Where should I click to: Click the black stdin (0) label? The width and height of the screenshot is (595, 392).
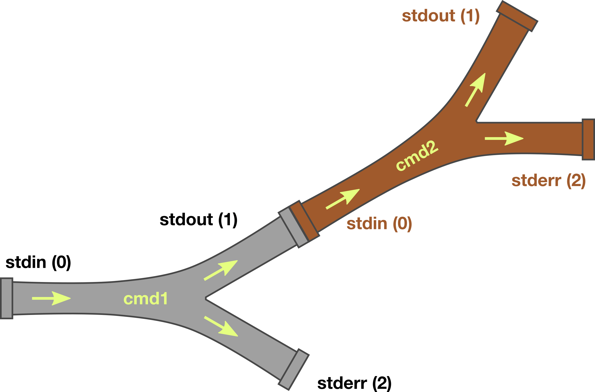coord(38,262)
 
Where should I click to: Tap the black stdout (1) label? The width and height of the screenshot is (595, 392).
coord(198,220)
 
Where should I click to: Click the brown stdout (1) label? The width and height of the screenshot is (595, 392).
coord(441,16)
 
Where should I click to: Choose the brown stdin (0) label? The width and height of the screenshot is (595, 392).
coord(379,224)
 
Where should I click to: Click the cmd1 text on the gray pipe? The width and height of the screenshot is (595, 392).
coord(146,299)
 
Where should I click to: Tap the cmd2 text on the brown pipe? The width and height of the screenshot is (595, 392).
coord(417,156)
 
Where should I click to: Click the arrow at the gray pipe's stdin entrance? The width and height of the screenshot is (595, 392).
coord(51,298)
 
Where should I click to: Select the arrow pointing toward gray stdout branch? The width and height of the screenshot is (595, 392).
coord(221,270)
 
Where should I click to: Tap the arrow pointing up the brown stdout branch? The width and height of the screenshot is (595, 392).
coord(476,90)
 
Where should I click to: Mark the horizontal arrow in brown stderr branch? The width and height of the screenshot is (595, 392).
coord(504,138)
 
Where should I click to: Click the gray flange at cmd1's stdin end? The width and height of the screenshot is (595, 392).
coord(6,298)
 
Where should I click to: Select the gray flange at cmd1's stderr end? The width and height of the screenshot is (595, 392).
coord(294,369)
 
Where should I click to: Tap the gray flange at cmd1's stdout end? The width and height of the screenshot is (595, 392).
coord(293,228)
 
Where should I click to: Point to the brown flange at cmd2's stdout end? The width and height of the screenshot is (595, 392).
coord(517,16)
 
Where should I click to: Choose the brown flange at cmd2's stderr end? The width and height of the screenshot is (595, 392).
coord(588,139)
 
